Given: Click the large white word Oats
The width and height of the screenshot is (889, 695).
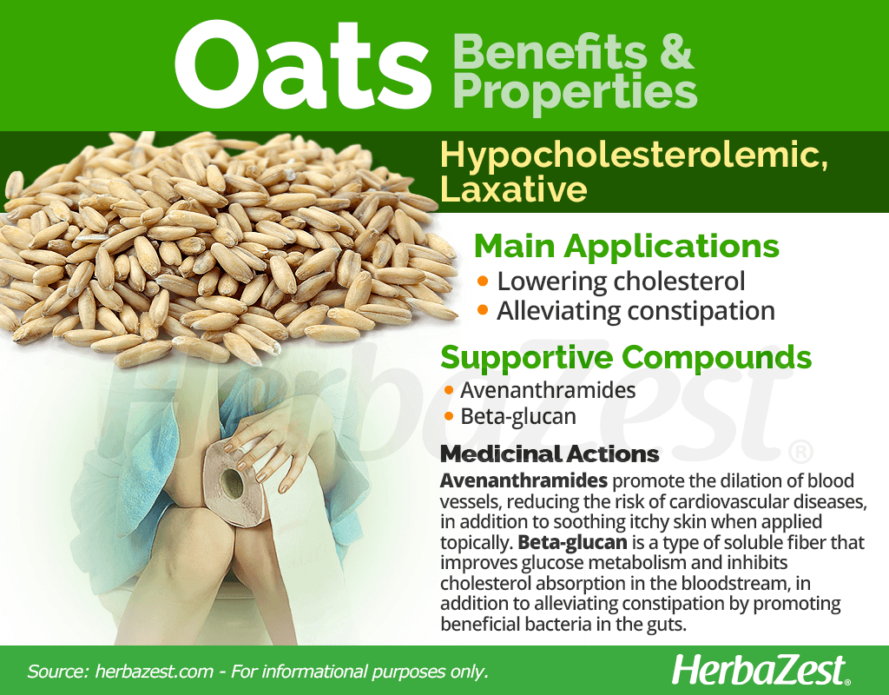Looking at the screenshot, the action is pos(303,65).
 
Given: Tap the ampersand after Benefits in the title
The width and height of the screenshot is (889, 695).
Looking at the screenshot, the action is pos(676,52).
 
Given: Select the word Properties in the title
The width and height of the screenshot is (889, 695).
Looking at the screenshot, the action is pos(575,92).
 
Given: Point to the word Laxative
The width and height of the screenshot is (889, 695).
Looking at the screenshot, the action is pos(514,189).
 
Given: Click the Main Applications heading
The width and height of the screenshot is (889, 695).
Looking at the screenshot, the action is pos(627,246).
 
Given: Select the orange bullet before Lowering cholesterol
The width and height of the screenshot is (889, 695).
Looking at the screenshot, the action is pos(483,281).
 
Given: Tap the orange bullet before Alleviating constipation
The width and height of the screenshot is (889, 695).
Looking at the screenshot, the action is pos(483,310).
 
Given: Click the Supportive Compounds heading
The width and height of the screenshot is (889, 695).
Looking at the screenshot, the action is pos(626,358).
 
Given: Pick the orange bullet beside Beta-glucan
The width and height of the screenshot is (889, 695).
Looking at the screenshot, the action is pos(449,417).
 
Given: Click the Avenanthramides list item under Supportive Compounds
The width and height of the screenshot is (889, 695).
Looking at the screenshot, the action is pos(548,390).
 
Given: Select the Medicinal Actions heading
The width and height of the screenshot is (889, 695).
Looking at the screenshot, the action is pos(550,453).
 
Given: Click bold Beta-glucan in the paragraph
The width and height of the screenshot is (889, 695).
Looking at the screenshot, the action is pos(572,542).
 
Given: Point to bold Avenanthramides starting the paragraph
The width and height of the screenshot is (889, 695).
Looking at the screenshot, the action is pos(524,480).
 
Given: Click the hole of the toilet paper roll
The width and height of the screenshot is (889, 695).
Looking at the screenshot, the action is pos(232,483).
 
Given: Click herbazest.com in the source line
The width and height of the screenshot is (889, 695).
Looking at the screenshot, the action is pos(155,672).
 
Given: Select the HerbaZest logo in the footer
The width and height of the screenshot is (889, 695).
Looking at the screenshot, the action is pos(761,671).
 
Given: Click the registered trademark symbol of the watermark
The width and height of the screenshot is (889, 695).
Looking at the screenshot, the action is pos(800,453).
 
